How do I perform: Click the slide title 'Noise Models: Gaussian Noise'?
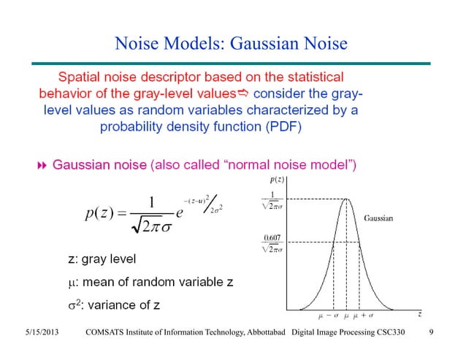(230, 45)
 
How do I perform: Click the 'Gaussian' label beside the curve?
(378, 218)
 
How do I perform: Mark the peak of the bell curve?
(346, 199)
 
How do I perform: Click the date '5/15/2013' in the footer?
(39, 334)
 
